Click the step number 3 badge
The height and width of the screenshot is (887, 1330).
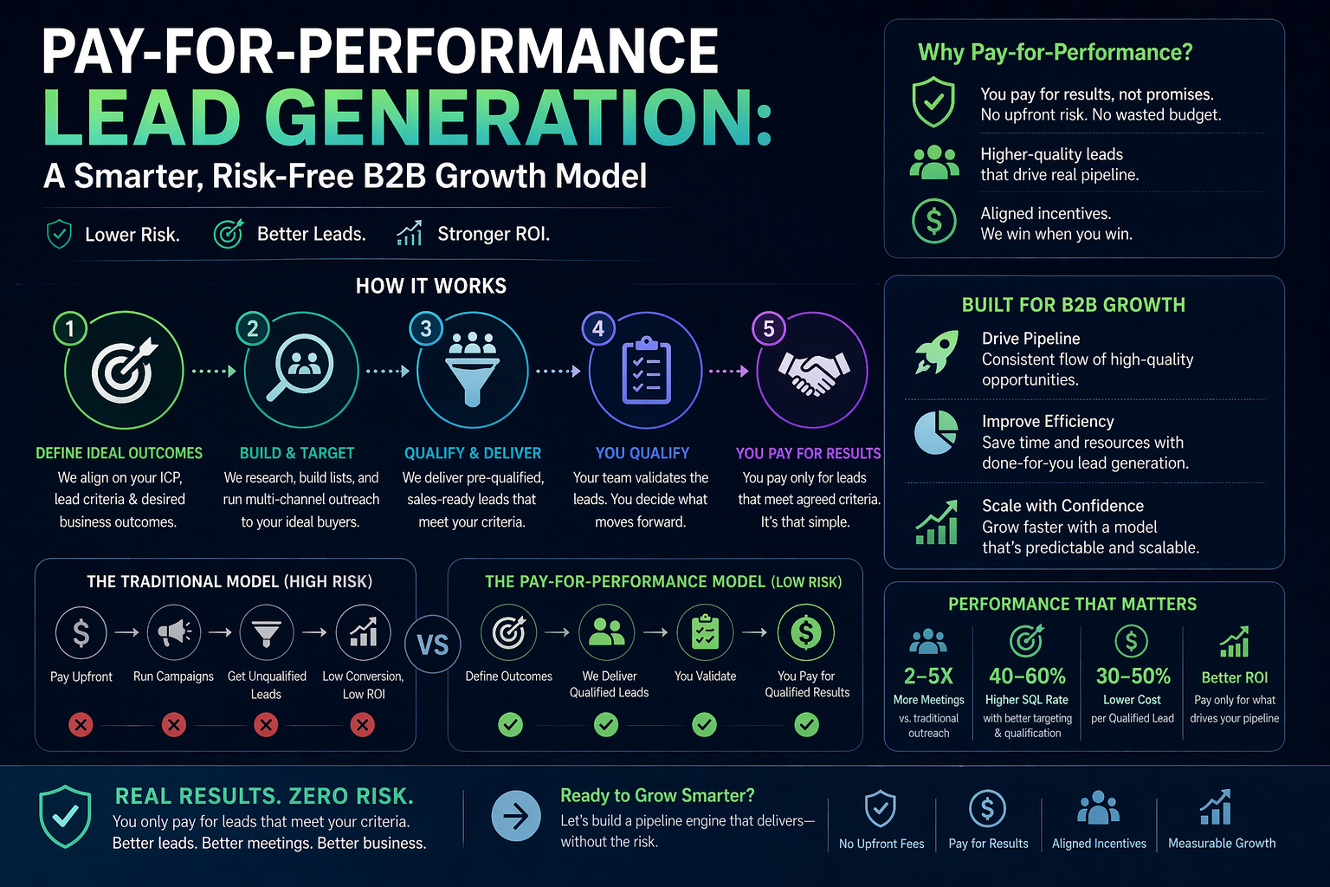(x=425, y=329)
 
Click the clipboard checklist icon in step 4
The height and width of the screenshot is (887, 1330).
(x=646, y=371)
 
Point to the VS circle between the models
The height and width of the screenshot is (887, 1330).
(x=433, y=644)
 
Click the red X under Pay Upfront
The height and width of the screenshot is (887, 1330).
(x=81, y=724)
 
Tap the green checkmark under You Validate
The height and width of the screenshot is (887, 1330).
(x=705, y=724)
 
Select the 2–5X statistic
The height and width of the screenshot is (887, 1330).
(x=928, y=676)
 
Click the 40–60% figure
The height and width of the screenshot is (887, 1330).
(x=1027, y=676)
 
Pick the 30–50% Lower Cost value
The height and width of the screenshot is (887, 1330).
(x=1133, y=676)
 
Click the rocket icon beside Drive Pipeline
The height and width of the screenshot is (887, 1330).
(x=936, y=352)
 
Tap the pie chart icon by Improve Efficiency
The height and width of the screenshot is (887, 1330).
(x=936, y=432)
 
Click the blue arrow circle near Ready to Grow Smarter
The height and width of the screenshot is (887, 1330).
(x=516, y=816)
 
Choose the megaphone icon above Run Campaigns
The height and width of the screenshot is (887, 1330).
(x=174, y=632)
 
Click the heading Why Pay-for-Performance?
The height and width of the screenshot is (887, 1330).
(x=1055, y=53)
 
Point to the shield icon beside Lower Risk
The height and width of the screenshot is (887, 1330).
(x=59, y=234)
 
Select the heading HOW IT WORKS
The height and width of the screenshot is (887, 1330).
(x=431, y=286)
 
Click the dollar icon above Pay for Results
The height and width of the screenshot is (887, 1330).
(x=987, y=808)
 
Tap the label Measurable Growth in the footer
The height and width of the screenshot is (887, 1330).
(x=1221, y=843)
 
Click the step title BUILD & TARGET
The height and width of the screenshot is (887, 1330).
(x=297, y=453)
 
